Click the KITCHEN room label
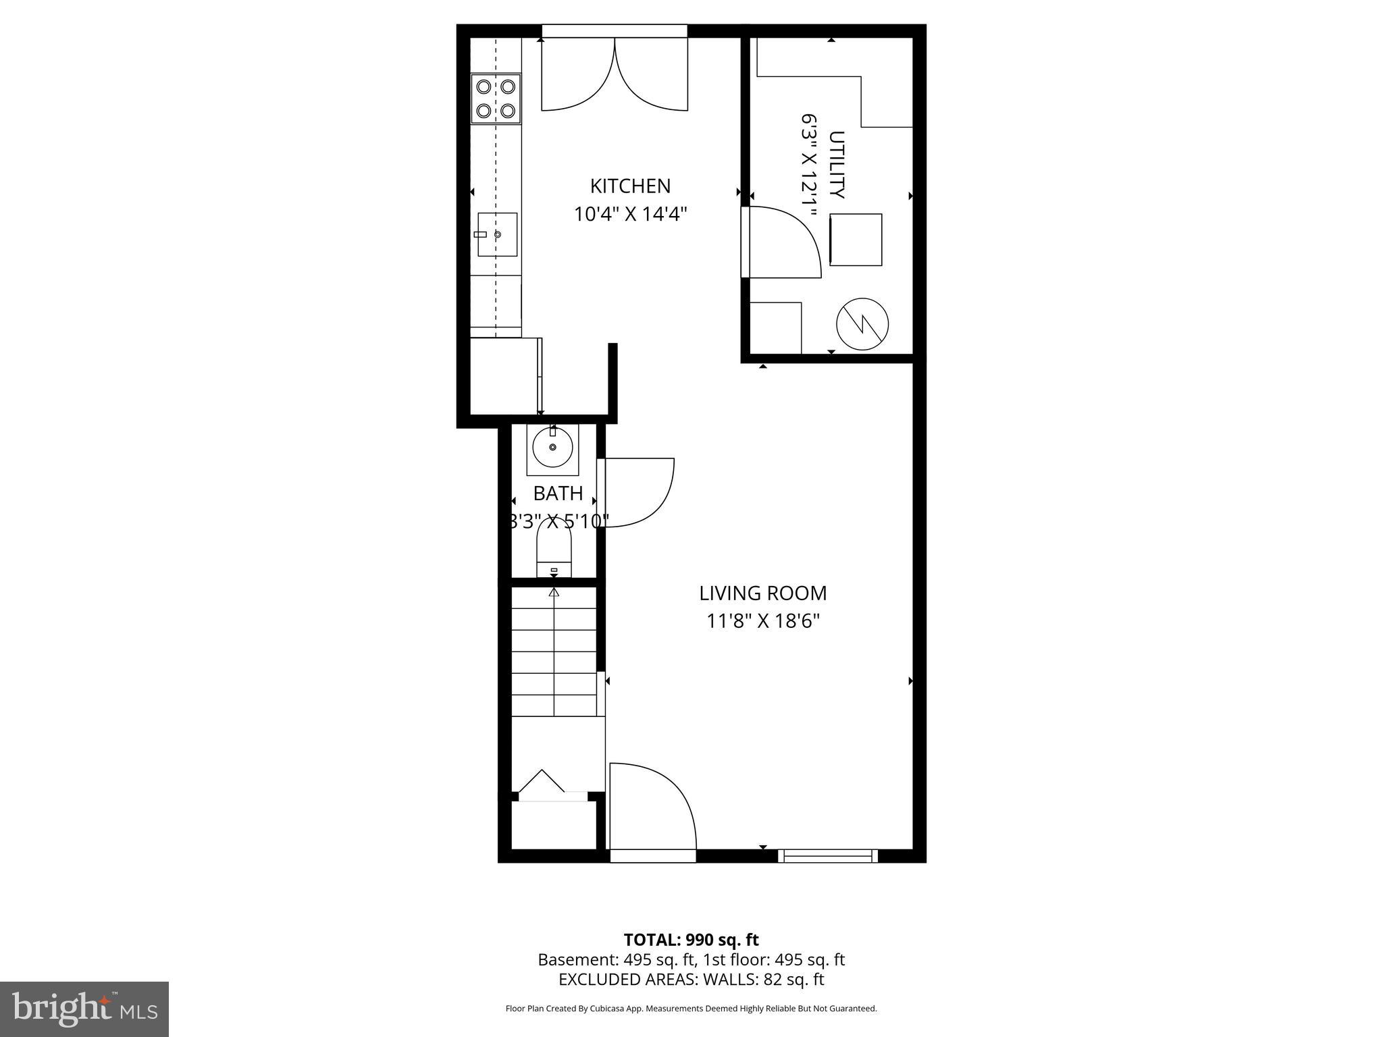[630, 186]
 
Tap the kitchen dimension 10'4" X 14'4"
[630, 215]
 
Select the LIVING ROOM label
[762, 593]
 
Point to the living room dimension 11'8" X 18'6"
[762, 621]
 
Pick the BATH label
[558, 494]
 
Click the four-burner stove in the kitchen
[496, 99]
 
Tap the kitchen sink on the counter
[498, 234]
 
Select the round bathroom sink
[552, 448]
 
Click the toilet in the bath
[554, 550]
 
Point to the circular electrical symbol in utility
[862, 324]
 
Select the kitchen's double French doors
[615, 74]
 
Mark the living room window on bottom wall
[827, 855]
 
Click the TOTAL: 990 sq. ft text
[691, 940]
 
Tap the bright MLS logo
[84, 1009]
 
